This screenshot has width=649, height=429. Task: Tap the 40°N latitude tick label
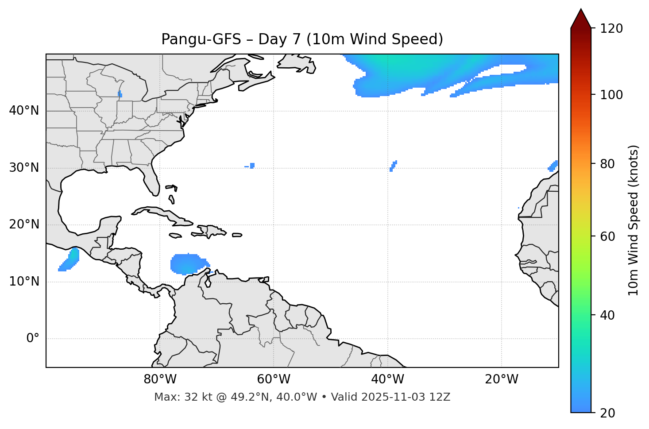coord(24,111)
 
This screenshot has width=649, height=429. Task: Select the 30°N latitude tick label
coord(24,168)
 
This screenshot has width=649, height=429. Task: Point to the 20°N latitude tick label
coord(24,224)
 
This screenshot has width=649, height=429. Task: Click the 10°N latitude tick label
coord(24,282)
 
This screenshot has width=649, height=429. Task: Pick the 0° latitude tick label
coord(33,339)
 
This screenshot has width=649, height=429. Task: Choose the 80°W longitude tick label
coord(160,379)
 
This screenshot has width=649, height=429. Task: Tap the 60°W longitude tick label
coord(274,379)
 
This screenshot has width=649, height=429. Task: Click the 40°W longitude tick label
coord(388,379)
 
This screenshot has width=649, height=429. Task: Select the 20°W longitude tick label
coord(502,379)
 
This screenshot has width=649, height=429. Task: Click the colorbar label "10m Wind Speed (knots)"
coord(634,220)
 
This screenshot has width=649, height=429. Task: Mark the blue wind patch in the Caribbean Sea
coord(188,264)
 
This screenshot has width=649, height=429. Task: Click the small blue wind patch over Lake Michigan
coord(120,94)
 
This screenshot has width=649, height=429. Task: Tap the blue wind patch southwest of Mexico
coord(70,260)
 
